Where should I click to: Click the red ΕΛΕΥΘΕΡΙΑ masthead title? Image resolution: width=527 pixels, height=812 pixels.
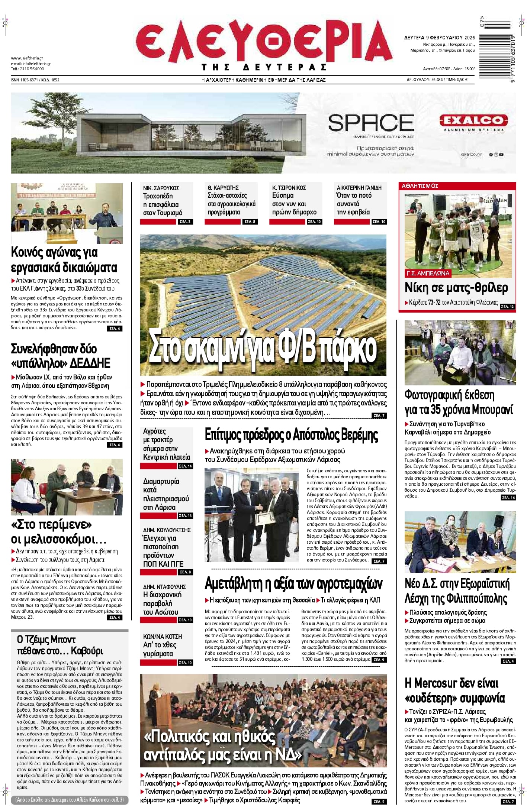(x=263, y=42)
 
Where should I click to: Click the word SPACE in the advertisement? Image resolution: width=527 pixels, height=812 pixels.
(x=371, y=123)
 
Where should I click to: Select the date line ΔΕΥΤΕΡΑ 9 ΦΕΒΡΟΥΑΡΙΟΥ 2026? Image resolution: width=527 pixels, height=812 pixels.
(x=439, y=38)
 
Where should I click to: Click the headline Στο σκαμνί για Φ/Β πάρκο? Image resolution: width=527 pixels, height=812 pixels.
(x=263, y=348)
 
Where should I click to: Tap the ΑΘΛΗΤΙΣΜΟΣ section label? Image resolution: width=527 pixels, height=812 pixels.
(x=420, y=186)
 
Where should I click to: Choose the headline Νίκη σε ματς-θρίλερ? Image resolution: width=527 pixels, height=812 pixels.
(x=456, y=288)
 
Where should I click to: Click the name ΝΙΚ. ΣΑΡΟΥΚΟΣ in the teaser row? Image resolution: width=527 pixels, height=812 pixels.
(x=161, y=188)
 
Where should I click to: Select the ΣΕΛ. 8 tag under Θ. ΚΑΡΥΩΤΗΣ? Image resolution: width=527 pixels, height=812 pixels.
(x=249, y=222)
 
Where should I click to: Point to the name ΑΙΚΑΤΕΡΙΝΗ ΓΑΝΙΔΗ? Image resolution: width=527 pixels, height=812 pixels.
(x=359, y=188)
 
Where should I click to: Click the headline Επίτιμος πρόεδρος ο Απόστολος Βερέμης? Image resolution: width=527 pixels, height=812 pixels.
(x=291, y=435)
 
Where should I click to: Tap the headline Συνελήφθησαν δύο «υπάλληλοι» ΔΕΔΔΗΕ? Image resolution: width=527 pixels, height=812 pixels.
(x=61, y=356)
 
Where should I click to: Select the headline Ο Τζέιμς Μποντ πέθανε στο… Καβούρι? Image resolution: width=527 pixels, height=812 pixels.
(x=60, y=645)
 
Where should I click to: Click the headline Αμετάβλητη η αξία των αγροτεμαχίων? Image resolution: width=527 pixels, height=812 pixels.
(x=293, y=584)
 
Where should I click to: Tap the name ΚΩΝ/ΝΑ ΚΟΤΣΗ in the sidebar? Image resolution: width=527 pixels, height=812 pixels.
(x=163, y=637)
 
